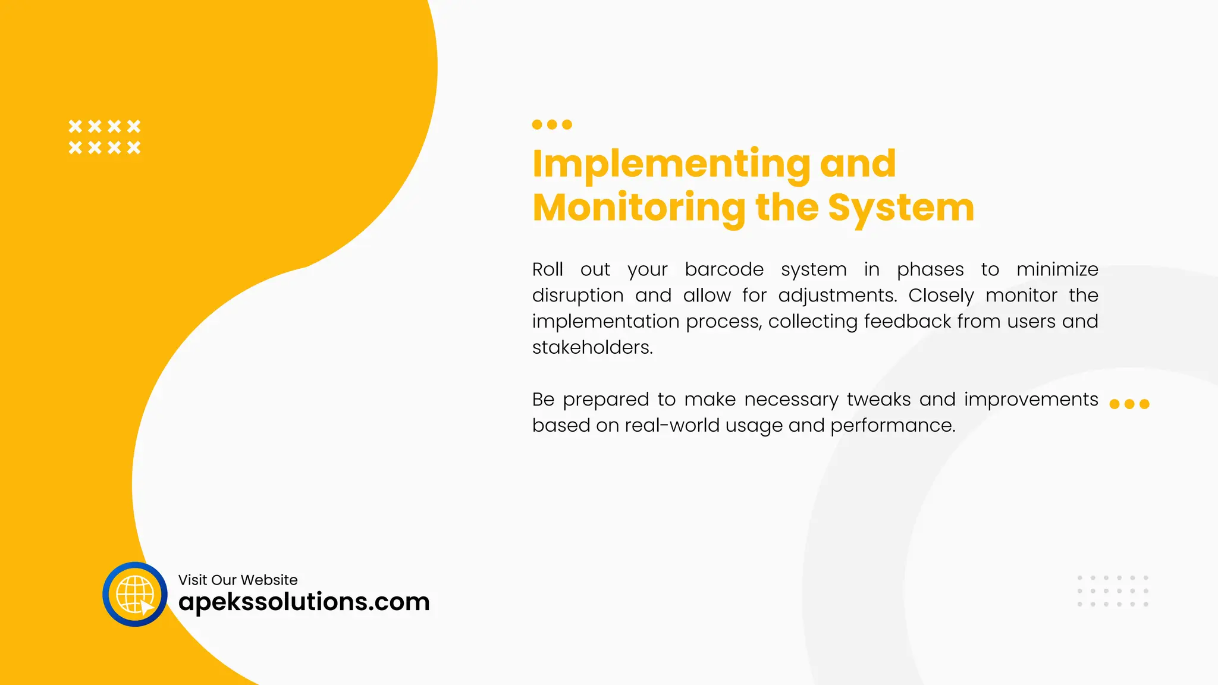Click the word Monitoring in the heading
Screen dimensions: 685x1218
[639, 208]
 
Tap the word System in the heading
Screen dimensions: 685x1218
[900, 208]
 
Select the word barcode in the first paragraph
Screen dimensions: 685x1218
[724, 269]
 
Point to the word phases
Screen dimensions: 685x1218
[930, 269]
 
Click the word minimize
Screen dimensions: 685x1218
[1057, 269]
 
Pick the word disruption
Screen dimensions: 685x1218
[577, 296]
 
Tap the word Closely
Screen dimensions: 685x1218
[941, 296]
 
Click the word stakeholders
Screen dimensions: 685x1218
[592, 347]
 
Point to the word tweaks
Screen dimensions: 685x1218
[878, 400]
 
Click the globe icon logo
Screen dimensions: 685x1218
[135, 594]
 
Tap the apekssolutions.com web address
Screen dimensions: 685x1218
[304, 602]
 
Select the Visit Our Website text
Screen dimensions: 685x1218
[238, 580]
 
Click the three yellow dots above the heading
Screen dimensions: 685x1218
[552, 124]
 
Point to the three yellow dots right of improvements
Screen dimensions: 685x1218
[1129, 404]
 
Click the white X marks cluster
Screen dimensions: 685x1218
[105, 137]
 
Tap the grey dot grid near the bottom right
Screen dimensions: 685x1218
[1113, 591]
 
